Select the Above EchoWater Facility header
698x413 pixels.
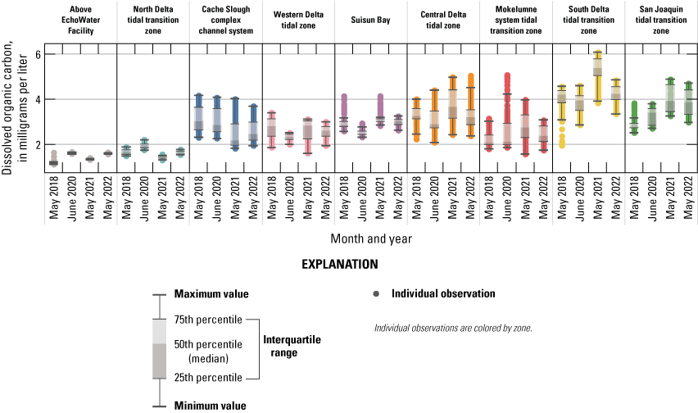81,19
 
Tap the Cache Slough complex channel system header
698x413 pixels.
225,19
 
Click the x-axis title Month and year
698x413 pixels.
371,238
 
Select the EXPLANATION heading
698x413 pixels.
340,265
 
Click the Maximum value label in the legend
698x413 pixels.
211,294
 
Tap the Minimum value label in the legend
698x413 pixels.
210,405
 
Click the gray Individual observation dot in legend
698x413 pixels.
376,293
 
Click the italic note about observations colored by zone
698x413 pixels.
453,328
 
